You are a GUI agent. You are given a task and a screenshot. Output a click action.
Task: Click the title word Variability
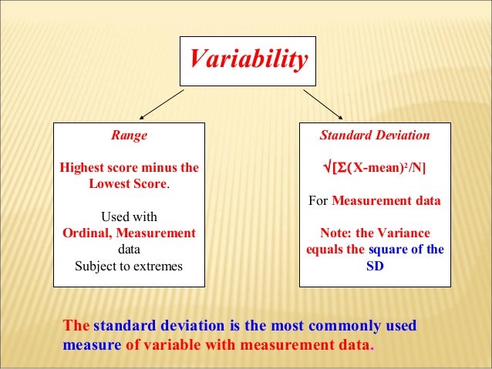pos(248,59)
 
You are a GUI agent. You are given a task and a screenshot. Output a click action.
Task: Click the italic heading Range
pos(129,136)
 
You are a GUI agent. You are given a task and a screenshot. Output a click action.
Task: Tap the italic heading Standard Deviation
pos(375,136)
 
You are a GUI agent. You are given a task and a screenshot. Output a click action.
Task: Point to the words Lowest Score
pos(128,184)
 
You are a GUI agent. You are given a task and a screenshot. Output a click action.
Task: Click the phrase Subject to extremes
pos(129,267)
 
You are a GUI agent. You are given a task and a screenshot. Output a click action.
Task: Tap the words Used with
pos(129,216)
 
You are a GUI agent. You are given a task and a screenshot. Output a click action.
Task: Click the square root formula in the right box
pos(375,168)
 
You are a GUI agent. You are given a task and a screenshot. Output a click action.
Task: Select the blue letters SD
pos(375,267)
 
